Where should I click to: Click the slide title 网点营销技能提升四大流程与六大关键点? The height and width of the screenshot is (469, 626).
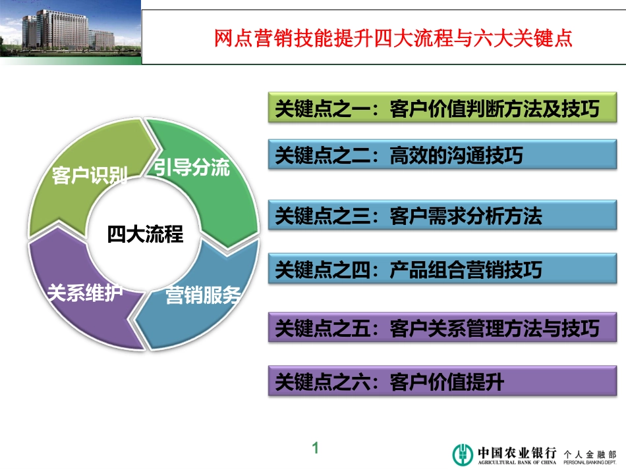pos(393,38)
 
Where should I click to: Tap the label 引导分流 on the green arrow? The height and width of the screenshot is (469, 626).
pos(192,168)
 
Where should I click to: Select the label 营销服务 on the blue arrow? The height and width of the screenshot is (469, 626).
pos(202,296)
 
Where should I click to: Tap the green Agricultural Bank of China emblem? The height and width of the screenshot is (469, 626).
pos(462,453)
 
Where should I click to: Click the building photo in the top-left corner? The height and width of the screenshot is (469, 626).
pos(71,32)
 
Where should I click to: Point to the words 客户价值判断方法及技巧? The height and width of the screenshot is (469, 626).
pos(494,109)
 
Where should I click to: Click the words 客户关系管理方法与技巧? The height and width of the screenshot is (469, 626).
pos(494,328)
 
